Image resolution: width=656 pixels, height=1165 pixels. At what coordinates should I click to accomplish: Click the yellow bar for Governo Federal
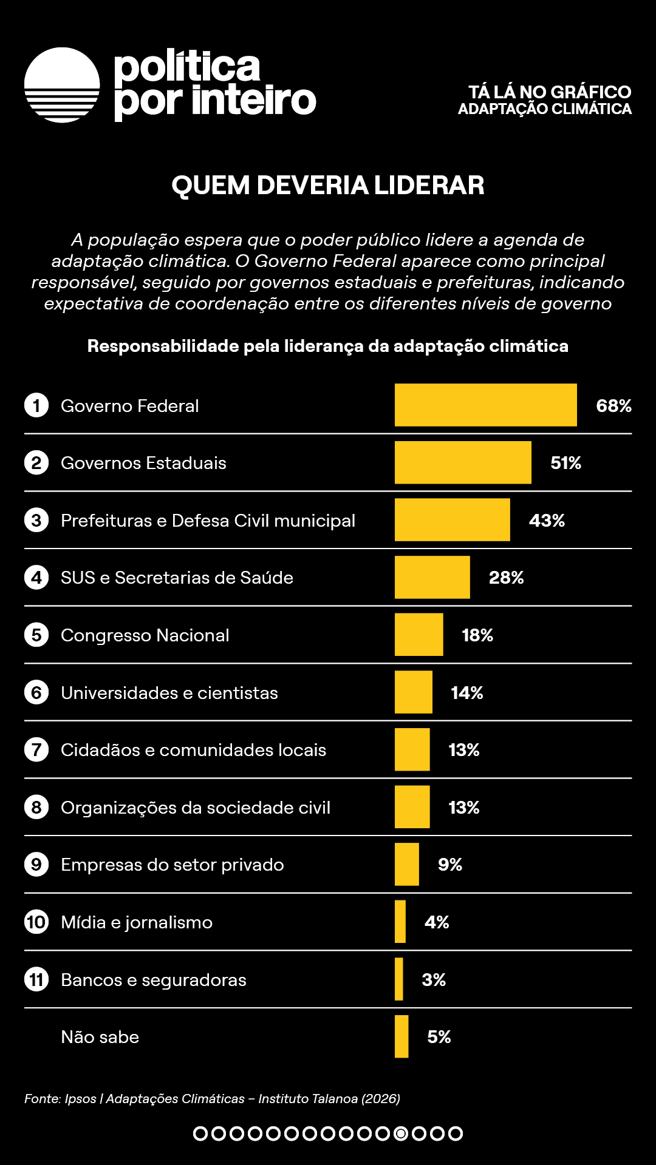[485, 405]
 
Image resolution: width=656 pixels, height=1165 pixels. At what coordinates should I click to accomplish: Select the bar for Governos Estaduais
[463, 462]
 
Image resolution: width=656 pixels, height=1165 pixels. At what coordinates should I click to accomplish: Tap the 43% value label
[547, 521]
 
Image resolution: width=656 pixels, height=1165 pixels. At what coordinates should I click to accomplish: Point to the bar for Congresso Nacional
[419, 635]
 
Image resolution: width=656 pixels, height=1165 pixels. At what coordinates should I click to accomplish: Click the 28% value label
[506, 578]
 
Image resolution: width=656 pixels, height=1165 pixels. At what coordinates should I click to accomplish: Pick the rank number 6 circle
[36, 692]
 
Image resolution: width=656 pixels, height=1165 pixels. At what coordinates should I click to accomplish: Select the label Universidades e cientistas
[169, 693]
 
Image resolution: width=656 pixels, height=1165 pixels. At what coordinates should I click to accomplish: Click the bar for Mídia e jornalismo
[400, 922]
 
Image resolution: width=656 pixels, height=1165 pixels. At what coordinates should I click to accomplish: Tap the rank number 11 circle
[36, 979]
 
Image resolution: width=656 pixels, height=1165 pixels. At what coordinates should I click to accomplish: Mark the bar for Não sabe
[401, 1036]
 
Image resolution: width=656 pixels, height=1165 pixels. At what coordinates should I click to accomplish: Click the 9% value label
[450, 865]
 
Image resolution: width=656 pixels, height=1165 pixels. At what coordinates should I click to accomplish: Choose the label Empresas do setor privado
[173, 865]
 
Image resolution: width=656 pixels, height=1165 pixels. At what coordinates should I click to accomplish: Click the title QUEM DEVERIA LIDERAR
[328, 186]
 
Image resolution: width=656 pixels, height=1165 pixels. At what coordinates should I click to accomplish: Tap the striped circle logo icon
[62, 85]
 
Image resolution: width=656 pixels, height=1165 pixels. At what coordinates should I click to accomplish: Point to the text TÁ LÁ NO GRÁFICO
[550, 92]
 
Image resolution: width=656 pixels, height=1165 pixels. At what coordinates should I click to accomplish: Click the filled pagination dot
[401, 1133]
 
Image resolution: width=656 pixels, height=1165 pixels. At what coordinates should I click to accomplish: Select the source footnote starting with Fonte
[212, 1099]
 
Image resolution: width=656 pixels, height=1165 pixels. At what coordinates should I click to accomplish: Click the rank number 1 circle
[36, 405]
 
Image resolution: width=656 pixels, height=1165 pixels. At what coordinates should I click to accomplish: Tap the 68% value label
[613, 406]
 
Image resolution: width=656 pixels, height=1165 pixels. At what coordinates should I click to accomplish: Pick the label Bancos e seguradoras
[154, 980]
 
